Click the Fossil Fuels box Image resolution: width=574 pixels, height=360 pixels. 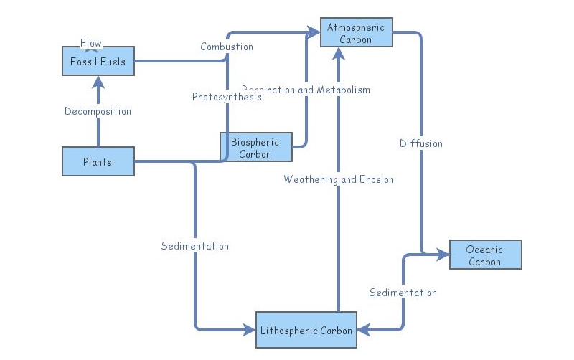(98, 62)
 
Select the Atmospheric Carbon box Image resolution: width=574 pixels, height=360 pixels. (356, 33)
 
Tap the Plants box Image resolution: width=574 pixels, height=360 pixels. (98, 161)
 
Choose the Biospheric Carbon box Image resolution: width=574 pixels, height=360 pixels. (255, 148)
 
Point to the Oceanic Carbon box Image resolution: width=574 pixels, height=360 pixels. (485, 255)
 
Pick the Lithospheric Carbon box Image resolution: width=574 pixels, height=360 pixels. (306, 330)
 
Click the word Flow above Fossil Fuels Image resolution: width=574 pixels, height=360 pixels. (91, 43)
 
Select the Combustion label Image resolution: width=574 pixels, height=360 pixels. (227, 47)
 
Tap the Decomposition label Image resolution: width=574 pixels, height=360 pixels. (98, 111)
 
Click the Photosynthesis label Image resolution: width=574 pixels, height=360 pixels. (227, 97)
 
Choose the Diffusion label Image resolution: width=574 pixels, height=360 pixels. (421, 143)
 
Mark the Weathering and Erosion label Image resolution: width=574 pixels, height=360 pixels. (339, 179)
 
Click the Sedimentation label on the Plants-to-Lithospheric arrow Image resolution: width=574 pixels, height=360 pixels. (195, 246)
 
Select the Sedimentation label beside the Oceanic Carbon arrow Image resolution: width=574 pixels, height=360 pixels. (403, 293)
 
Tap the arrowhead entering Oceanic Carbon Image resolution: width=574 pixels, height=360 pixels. (443, 254)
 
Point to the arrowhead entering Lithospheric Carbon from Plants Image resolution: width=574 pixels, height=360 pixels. (250, 330)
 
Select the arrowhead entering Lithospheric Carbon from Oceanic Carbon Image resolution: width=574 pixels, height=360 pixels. (363, 330)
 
